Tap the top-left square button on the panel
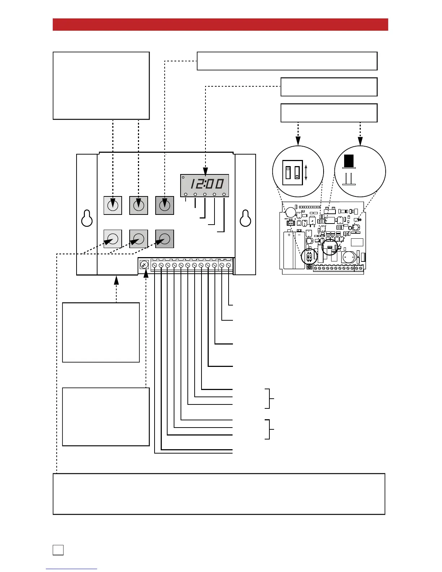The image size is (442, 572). pos(113,205)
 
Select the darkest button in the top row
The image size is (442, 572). pos(165,205)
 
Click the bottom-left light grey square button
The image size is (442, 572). pos(113,239)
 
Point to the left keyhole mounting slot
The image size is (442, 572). pos(87,218)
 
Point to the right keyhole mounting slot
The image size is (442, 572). pos(246,218)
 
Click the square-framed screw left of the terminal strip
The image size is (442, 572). pos(144,265)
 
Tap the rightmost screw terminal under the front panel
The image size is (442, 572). pos(228,265)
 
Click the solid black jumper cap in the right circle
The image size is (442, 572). pos(349,161)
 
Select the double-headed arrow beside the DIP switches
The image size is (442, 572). pos(306,173)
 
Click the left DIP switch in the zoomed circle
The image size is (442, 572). pos(288,173)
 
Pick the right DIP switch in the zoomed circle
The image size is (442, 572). pos(297,173)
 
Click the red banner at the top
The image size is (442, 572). pos(220,25)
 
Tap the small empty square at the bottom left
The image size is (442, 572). pos(58,550)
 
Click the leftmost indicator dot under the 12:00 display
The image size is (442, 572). pos(186,195)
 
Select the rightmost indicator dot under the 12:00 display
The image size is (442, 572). pos(224,195)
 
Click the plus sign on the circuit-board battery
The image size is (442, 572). pos(289,235)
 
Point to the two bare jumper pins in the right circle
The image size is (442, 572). pos(349,179)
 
